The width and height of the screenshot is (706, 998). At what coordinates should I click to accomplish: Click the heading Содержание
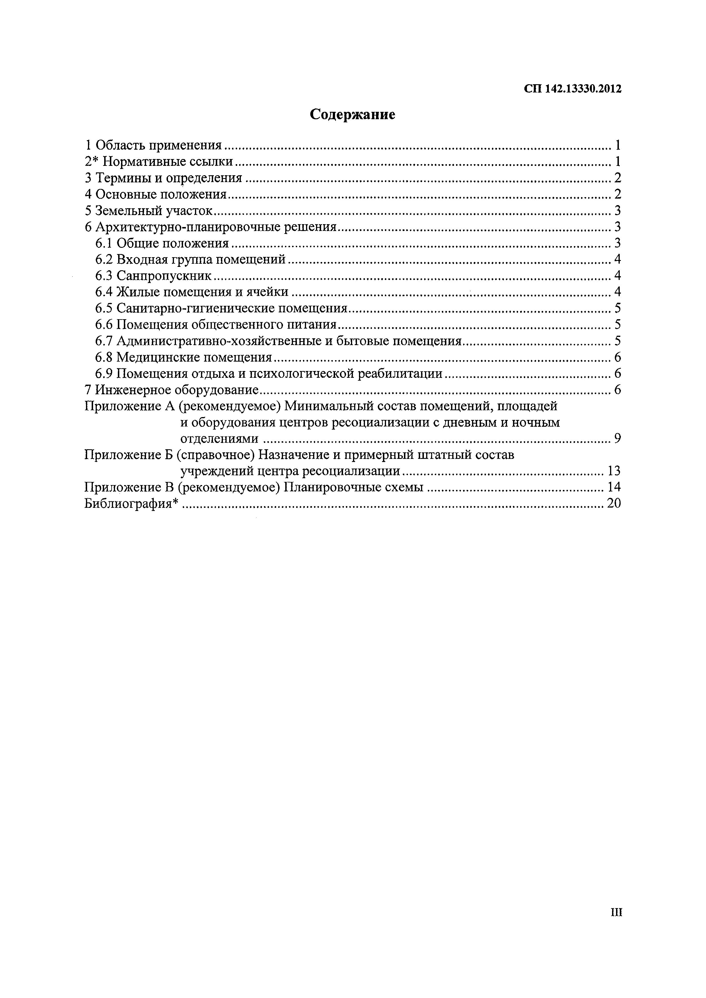[352, 114]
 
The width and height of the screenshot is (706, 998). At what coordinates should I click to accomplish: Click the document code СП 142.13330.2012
[572, 89]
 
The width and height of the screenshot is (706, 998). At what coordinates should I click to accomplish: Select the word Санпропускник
[164, 276]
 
